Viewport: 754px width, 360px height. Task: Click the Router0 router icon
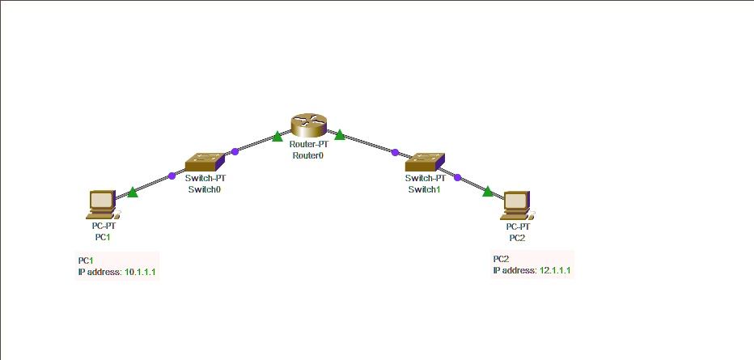(x=307, y=124)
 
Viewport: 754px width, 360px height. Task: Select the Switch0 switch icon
(x=204, y=162)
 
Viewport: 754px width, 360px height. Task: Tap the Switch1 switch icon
(x=425, y=162)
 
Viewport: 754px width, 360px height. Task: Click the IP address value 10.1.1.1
(x=141, y=273)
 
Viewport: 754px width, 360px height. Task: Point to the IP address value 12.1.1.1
(x=555, y=270)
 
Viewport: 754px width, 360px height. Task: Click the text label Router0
(x=307, y=155)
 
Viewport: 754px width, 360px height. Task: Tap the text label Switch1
(x=425, y=189)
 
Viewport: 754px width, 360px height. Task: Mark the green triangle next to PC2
(x=488, y=191)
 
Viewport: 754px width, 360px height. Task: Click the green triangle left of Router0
(x=277, y=136)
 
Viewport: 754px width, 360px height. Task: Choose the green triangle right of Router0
(x=340, y=133)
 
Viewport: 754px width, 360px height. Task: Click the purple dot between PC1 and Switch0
(x=172, y=176)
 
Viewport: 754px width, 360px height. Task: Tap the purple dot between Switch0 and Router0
(x=235, y=151)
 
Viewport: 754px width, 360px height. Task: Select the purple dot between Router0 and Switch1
(x=395, y=152)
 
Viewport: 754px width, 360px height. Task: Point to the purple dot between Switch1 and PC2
(x=457, y=177)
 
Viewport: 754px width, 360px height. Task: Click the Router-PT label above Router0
(x=307, y=144)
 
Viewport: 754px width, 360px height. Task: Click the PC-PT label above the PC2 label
(x=517, y=227)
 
